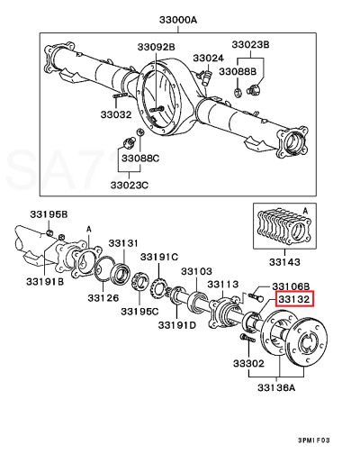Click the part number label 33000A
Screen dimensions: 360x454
178,20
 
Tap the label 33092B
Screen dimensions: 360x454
157,47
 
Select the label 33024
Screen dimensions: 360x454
208,58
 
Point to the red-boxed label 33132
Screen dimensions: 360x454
294,299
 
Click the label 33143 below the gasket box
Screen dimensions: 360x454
284,262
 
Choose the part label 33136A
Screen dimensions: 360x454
276,387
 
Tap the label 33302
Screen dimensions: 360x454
248,364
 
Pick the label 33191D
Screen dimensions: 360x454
177,324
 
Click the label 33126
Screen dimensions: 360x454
103,298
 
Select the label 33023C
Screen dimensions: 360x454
130,185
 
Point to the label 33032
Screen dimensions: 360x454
116,114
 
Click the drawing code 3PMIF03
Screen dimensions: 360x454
313,440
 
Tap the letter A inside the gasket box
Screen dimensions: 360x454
305,212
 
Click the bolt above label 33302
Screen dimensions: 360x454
247,339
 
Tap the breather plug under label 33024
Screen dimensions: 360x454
206,78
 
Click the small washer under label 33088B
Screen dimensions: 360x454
237,93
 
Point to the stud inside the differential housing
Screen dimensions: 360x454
157,109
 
